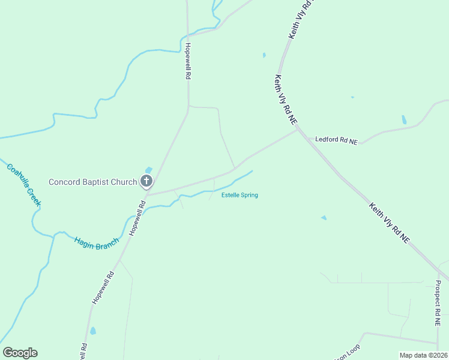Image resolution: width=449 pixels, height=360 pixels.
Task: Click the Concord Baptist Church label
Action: (x=92, y=182)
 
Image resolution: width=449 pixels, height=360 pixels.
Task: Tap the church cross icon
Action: (x=146, y=181)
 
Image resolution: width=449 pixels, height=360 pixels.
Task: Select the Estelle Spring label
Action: (x=240, y=195)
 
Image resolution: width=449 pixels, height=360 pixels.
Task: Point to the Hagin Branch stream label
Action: (x=97, y=244)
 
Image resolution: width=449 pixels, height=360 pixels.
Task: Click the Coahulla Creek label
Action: (x=24, y=184)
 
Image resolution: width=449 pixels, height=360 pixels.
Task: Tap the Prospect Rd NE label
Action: (x=438, y=304)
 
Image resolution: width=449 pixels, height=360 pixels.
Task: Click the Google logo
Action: (x=20, y=353)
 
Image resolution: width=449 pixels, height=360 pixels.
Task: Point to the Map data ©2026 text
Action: (x=423, y=355)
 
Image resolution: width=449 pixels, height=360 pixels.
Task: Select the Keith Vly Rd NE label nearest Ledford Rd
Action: (x=286, y=100)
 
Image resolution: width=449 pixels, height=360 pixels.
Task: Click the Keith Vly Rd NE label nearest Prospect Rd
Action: (x=390, y=223)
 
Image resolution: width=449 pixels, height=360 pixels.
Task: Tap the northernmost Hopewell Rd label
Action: (x=188, y=61)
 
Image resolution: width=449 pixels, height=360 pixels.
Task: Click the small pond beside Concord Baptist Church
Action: (x=149, y=170)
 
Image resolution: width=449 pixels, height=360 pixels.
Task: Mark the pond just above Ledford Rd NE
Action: (x=404, y=120)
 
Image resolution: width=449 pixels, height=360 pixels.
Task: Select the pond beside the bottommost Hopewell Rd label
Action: (x=92, y=331)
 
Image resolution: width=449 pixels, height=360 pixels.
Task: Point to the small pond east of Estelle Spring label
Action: (x=324, y=217)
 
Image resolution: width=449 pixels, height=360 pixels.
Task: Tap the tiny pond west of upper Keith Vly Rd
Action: (x=264, y=56)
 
